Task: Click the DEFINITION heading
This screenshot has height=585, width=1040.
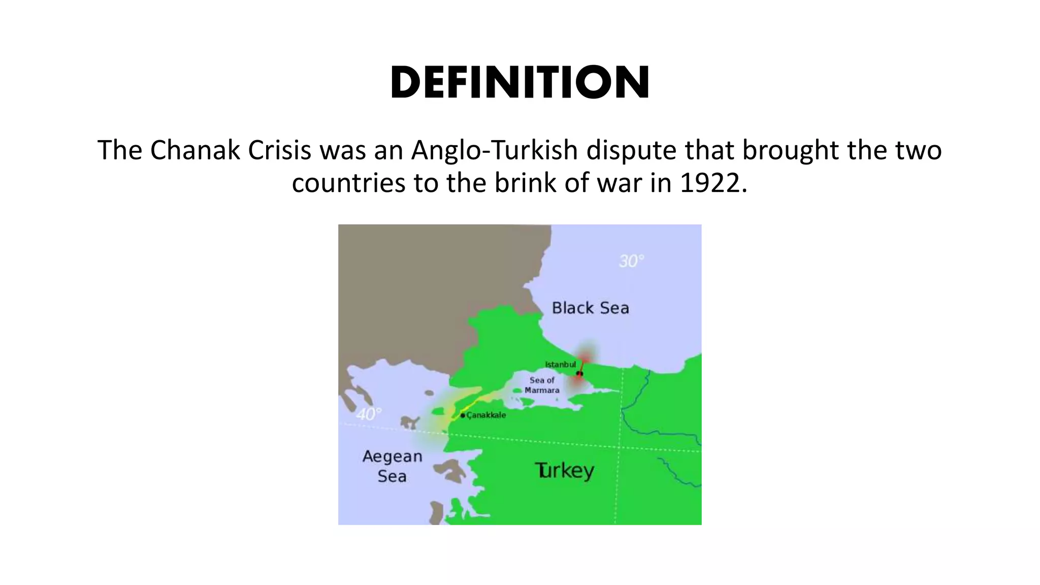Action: click(x=519, y=83)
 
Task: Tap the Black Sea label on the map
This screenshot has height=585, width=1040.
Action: click(x=590, y=308)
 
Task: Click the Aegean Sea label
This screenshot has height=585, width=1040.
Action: click(x=392, y=466)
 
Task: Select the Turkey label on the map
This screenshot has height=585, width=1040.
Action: click(x=564, y=471)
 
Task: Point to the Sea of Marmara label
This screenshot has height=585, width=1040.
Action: click(x=542, y=385)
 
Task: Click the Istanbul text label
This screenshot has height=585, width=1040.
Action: click(x=560, y=364)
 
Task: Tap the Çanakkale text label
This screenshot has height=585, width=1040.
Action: click(x=486, y=415)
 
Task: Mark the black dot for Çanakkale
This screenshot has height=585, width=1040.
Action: click(x=463, y=415)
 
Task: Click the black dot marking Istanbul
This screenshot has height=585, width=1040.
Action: click(x=579, y=374)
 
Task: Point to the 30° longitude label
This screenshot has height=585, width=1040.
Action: click(x=631, y=261)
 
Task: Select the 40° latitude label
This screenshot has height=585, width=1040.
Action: click(x=368, y=414)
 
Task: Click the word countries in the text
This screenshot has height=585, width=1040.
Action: click(x=348, y=183)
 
